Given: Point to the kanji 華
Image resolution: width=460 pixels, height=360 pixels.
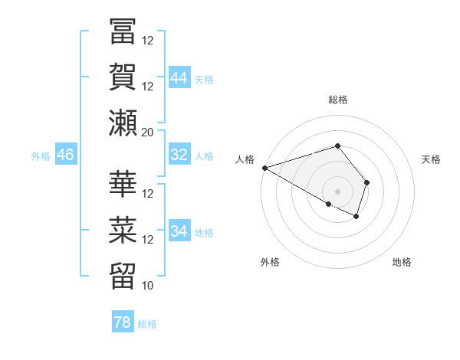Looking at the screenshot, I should (x=123, y=184).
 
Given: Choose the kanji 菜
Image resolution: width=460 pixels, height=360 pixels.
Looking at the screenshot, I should (x=123, y=229).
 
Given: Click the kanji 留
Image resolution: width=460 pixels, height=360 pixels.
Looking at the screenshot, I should (x=123, y=275).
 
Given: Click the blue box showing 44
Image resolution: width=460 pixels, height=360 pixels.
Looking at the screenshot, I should (x=179, y=77).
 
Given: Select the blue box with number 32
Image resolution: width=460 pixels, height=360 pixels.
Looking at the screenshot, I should (x=179, y=155).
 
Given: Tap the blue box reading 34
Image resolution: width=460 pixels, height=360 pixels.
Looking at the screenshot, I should (x=179, y=231).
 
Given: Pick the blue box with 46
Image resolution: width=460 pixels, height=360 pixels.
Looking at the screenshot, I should (x=65, y=155).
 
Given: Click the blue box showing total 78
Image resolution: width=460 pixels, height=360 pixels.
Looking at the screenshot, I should (x=122, y=322).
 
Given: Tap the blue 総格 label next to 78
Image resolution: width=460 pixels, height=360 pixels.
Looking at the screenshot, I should (x=147, y=324).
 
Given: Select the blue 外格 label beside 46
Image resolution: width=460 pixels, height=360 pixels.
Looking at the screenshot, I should (x=41, y=156).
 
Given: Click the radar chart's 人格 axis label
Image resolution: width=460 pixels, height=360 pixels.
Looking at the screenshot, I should (x=245, y=159).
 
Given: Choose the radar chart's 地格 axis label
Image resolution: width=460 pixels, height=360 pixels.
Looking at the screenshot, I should (x=402, y=262).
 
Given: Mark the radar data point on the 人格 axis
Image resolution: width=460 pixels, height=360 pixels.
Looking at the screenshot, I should (x=264, y=168).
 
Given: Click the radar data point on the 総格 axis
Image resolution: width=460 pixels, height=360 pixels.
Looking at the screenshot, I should (x=337, y=146).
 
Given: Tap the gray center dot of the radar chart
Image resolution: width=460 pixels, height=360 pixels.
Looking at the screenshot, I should (x=337, y=191).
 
